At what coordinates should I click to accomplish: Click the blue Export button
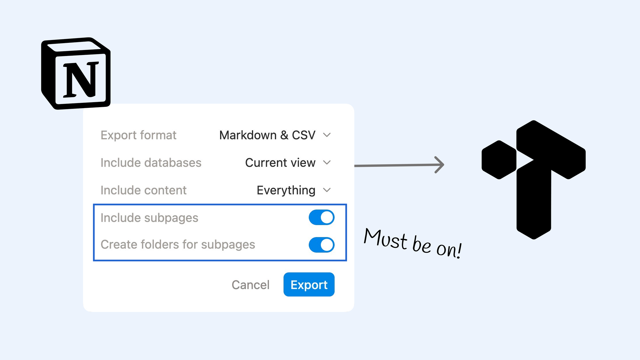tap(309, 285)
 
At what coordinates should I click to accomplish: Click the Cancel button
tap(250, 285)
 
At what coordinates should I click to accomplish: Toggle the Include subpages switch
tap(322, 217)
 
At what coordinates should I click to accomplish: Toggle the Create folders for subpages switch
tap(322, 245)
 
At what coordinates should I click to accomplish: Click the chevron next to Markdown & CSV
tap(327, 135)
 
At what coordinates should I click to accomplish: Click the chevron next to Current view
tap(327, 162)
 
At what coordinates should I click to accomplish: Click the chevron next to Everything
tap(327, 190)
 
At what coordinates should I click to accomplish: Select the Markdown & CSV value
tap(267, 135)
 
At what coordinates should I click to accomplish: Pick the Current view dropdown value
tap(280, 162)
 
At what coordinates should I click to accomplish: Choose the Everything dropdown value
tap(286, 190)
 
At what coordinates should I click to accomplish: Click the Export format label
tap(138, 135)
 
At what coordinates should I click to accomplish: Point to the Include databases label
tap(151, 162)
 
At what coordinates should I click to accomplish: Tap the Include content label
tap(143, 190)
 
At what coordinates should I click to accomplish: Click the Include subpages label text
tap(149, 218)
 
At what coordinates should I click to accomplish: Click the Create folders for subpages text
tap(178, 244)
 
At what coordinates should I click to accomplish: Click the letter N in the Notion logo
tap(81, 79)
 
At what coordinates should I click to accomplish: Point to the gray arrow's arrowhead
tap(440, 165)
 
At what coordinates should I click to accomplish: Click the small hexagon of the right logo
tap(499, 160)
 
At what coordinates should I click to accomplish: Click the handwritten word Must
tap(386, 239)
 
